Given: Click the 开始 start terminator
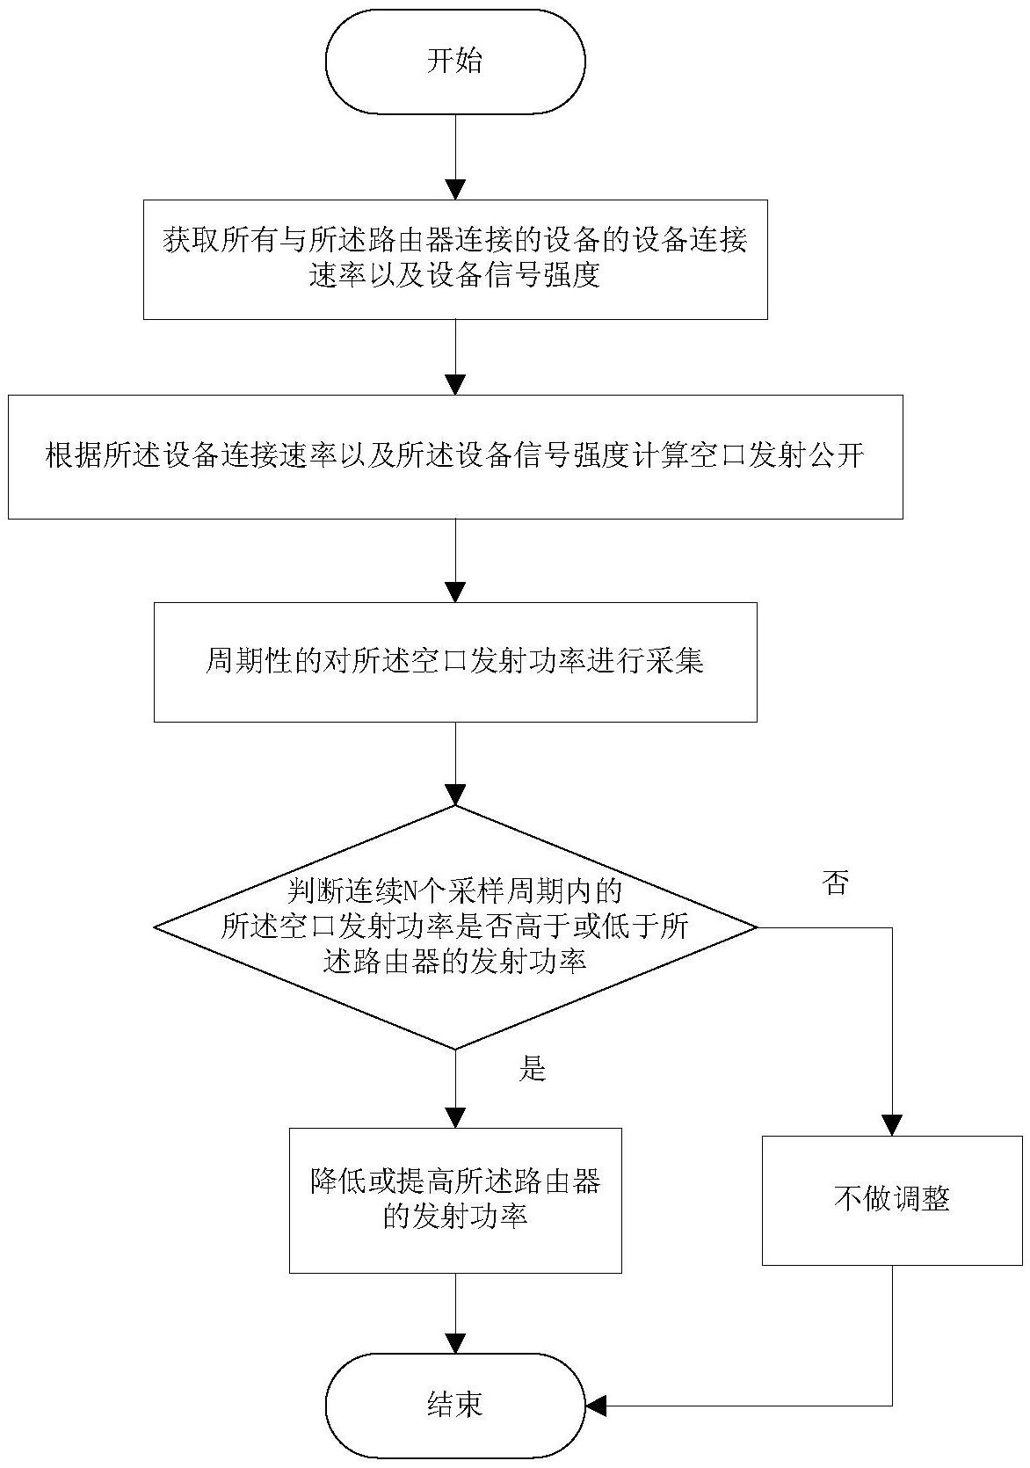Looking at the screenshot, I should (x=455, y=62).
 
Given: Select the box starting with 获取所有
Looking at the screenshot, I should (x=455, y=259).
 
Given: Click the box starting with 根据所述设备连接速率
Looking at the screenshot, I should (x=455, y=456).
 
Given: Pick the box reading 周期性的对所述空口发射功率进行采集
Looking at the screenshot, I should (x=455, y=662).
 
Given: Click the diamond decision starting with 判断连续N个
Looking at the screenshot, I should (x=455, y=927).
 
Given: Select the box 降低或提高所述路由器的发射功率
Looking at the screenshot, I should (x=455, y=1200).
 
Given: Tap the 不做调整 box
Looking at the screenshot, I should (x=892, y=1200).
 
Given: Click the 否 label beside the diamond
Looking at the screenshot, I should (x=836, y=883).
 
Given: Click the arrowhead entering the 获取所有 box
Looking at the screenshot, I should (x=455, y=190).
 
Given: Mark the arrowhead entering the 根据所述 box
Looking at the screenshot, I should (x=455, y=385).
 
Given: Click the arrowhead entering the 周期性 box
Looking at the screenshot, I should (x=455, y=592).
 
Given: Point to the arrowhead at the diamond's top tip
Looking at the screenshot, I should (x=455, y=795).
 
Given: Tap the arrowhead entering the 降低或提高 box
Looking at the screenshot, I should (x=455, y=1117).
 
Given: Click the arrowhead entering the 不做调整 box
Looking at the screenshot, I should (x=892, y=1126).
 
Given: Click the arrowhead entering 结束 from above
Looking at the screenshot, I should (x=455, y=1343).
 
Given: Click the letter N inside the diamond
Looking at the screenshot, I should (x=409, y=892).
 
